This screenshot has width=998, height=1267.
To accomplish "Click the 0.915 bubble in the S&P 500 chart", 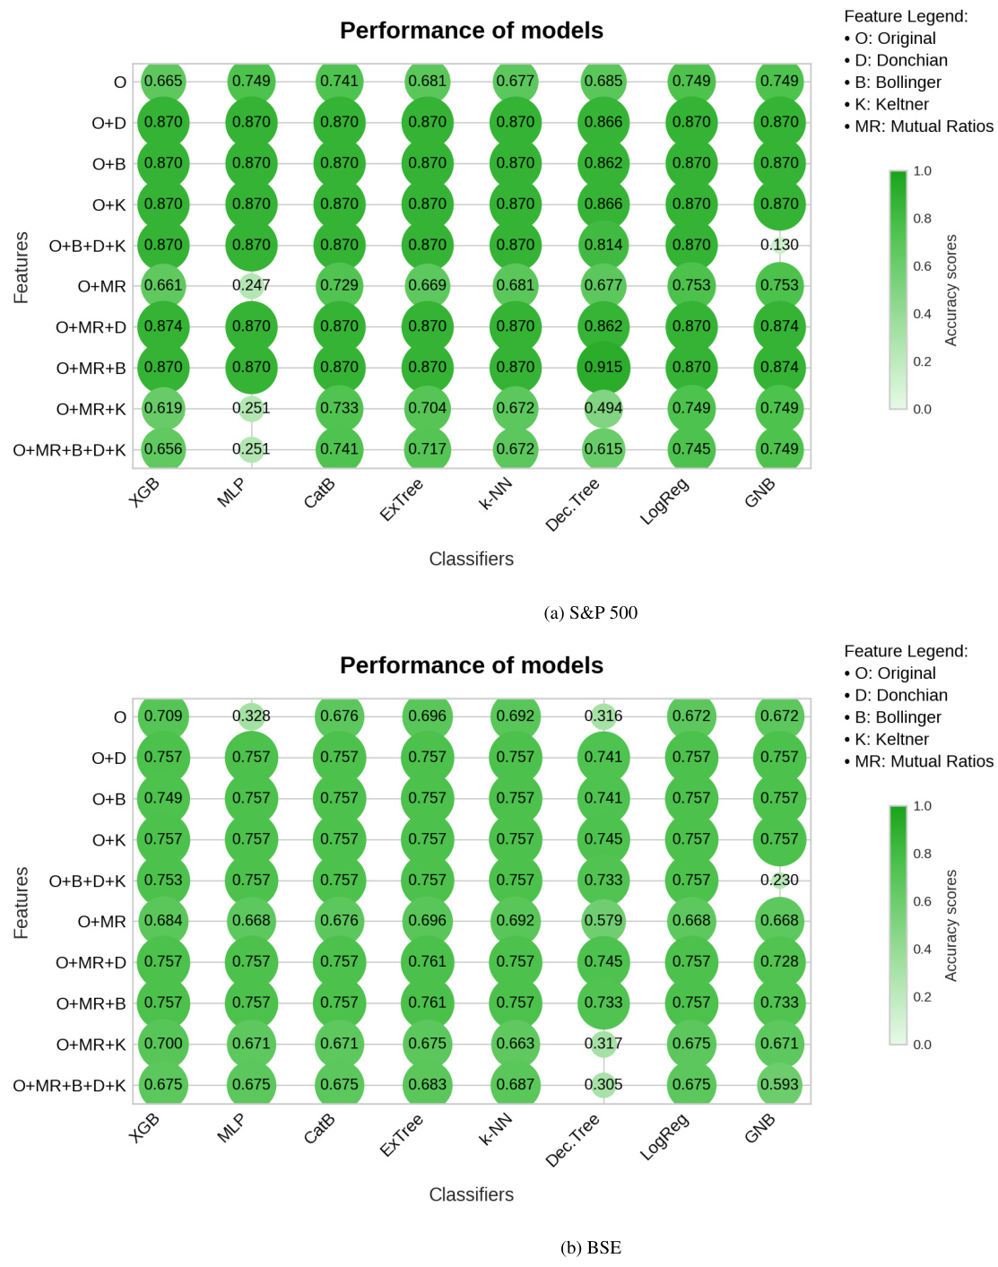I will tap(603, 368).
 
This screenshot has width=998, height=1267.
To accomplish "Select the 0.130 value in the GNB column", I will tap(779, 245).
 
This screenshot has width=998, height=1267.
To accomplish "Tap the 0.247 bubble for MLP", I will tap(251, 285).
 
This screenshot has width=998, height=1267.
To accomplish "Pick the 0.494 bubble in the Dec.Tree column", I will tap(603, 408).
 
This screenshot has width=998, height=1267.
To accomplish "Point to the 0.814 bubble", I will tap(603, 245).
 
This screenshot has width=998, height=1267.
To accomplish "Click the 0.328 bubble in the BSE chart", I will tap(251, 716).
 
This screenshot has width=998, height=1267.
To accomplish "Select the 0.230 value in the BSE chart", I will tap(779, 881).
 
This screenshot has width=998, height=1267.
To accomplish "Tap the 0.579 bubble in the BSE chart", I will tap(603, 921).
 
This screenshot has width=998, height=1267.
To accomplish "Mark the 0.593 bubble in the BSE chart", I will tap(779, 1084).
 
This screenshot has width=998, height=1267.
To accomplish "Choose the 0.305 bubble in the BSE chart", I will tap(603, 1084).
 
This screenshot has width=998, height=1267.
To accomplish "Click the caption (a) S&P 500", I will tap(590, 612).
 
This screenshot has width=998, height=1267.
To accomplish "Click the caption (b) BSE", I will tap(590, 1247).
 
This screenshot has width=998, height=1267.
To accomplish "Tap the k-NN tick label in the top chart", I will tap(496, 495).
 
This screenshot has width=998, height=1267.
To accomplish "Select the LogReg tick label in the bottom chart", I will tap(664, 1136).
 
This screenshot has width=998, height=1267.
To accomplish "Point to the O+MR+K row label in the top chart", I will tap(91, 409).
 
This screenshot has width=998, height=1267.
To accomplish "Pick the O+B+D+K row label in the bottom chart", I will tap(87, 881).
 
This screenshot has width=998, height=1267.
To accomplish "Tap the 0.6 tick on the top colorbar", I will tap(922, 266).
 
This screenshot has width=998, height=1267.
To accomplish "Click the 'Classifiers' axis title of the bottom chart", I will tap(471, 1194).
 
